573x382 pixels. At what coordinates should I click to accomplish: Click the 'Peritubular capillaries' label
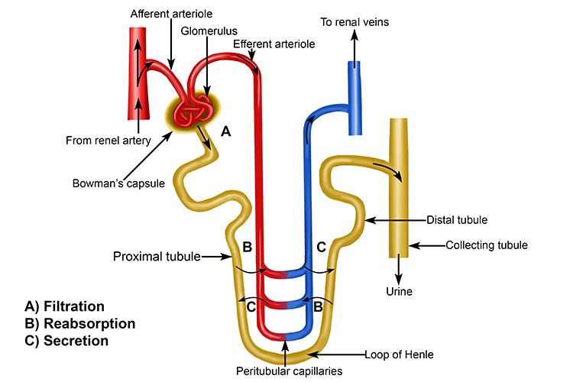pyautogui.click(x=284, y=370)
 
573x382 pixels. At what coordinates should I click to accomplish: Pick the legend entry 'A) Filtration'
pyautogui.click(x=65, y=306)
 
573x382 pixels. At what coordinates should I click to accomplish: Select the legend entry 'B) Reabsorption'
pyautogui.click(x=80, y=323)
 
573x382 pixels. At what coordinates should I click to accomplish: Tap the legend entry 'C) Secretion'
pyautogui.click(x=66, y=341)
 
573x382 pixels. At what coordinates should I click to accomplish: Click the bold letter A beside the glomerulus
pyautogui.click(x=225, y=131)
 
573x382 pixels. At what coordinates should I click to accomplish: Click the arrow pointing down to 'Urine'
pyautogui.click(x=400, y=270)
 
